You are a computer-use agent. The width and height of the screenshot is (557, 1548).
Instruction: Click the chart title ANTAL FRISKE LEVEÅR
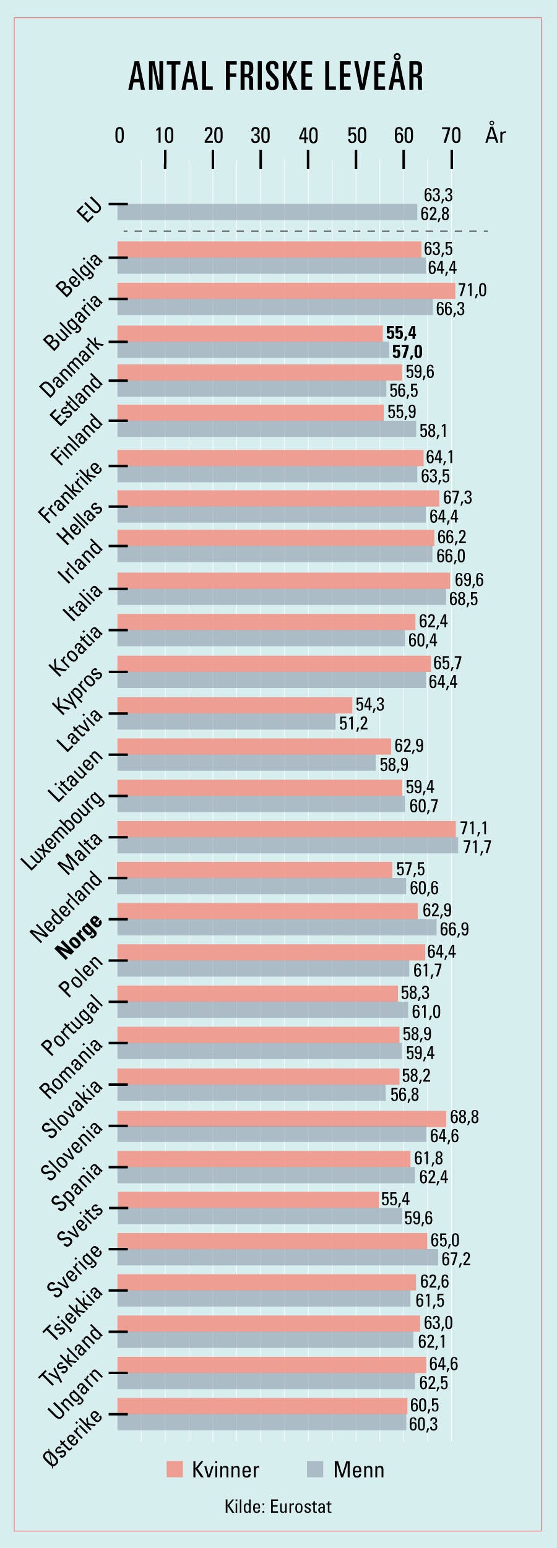(276, 77)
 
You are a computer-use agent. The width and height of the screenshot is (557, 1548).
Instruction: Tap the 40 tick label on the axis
(308, 135)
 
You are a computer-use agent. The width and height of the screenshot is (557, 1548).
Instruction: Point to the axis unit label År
(495, 134)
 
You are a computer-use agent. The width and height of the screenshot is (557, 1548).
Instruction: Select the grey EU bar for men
(267, 212)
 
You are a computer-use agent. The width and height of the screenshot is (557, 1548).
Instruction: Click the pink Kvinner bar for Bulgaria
(286, 291)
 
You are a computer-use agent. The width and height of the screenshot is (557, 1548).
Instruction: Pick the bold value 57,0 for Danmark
(407, 352)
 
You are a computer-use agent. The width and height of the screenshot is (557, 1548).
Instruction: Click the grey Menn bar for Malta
(288, 845)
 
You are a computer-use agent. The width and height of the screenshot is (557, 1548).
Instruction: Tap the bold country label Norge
(79, 937)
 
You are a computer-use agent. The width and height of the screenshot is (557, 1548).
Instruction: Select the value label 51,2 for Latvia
(353, 723)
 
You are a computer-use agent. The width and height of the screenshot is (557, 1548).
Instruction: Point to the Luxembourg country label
(63, 830)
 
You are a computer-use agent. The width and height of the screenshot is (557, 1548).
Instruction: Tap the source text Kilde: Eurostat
(278, 1506)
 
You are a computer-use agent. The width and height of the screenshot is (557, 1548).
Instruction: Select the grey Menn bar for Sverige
(277, 1258)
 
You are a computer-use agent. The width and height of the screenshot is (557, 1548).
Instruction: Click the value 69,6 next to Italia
(469, 580)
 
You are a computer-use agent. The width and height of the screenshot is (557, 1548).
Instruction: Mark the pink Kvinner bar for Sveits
(248, 1200)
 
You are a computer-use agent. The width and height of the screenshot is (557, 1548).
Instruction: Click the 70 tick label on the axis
(451, 135)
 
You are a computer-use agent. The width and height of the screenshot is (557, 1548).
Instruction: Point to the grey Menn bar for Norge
(277, 927)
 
